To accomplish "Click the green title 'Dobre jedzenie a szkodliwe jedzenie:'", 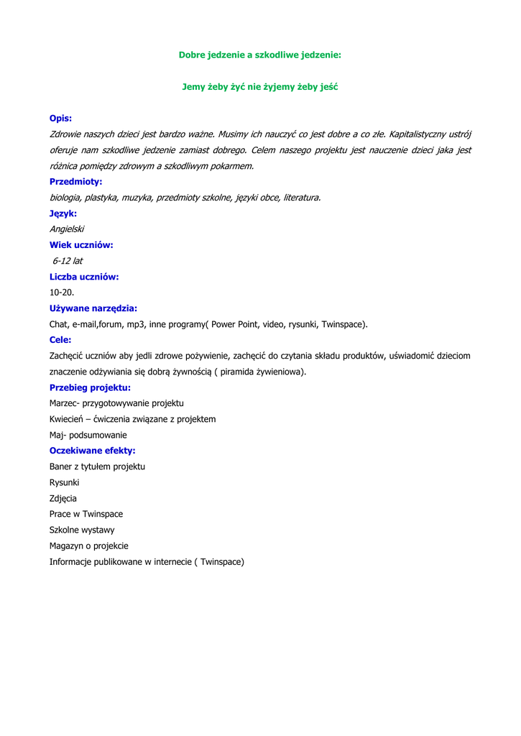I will coord(259,55).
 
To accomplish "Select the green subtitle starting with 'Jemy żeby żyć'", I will coord(259,86).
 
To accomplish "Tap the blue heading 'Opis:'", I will coord(60,118).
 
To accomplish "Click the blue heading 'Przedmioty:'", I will coord(75,181).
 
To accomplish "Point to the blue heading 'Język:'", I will coord(63,213).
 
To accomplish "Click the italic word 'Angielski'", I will coord(67,229).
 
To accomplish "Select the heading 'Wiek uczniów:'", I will coord(81,244).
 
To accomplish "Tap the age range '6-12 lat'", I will coord(67,260).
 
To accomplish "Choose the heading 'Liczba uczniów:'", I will coord(84,276).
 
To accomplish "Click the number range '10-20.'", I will coord(62,293).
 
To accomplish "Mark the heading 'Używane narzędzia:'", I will coord(93,308).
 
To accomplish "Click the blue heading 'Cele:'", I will coord(60,339).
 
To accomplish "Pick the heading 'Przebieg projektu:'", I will coord(90,387).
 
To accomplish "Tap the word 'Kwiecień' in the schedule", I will coord(67,419).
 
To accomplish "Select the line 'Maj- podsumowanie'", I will coord(88,435).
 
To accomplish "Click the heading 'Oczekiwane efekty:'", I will coord(92,451).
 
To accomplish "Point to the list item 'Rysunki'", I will coord(64,482).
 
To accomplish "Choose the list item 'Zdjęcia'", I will coord(63,498).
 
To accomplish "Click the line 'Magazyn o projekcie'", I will coord(88,546).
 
